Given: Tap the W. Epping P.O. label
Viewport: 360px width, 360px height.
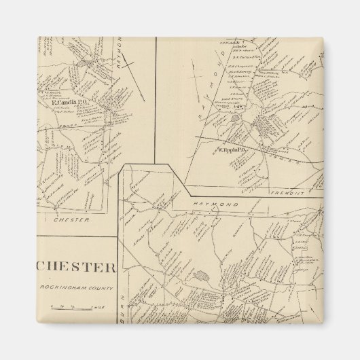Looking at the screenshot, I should click(x=231, y=148).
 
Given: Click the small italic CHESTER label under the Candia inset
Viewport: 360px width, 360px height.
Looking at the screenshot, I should click(x=70, y=219).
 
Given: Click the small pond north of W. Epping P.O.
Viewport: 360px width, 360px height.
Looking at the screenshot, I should click(x=235, y=118).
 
